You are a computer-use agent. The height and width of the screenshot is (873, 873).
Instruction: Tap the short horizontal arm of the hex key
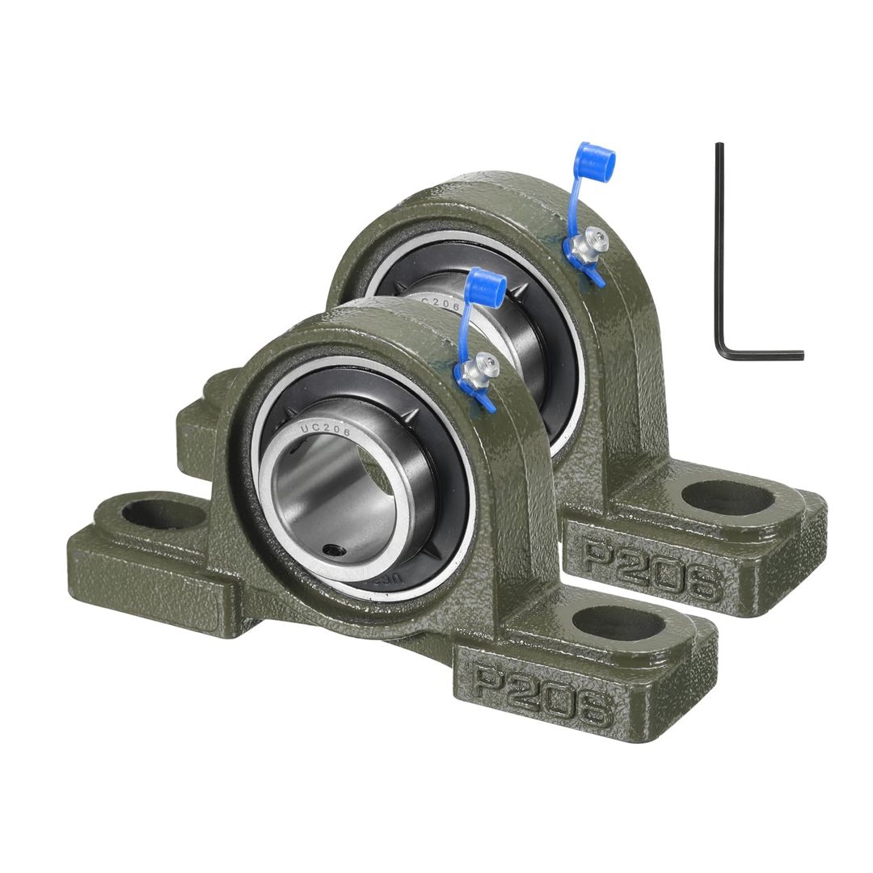(764, 354)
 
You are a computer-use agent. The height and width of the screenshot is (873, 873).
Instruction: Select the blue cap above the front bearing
(486, 285)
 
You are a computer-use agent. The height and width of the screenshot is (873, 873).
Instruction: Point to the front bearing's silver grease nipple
(486, 366)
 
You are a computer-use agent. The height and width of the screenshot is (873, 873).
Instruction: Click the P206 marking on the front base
(542, 694)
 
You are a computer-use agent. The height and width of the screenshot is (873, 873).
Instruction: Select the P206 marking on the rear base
(652, 569)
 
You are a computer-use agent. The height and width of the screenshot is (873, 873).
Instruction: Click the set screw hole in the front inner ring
(332, 550)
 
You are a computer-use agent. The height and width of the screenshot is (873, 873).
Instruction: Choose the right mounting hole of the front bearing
(618, 623)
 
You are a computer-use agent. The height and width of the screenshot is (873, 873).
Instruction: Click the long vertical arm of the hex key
(719, 242)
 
